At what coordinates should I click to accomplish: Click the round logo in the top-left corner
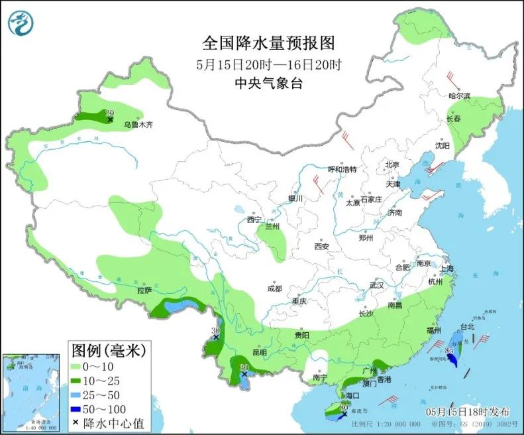(21, 23)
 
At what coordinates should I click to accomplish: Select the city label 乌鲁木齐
(138, 124)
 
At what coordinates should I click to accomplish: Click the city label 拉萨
(144, 290)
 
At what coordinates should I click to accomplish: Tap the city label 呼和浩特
(342, 169)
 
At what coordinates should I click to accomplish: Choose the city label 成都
(274, 288)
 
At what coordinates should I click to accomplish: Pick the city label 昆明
(258, 352)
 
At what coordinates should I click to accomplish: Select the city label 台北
(467, 327)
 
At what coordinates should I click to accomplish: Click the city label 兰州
(272, 227)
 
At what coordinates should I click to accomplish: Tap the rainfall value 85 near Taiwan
(449, 351)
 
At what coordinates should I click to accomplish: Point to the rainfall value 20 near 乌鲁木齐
(110, 113)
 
